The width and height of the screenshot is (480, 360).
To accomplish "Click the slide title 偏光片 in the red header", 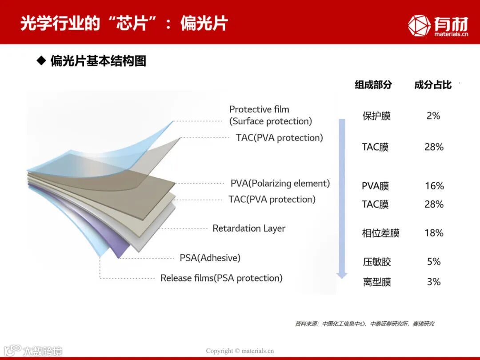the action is (204, 23).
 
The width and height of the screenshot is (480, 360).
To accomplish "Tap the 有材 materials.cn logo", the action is (438, 25).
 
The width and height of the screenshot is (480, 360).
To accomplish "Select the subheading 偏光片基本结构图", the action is (98, 61).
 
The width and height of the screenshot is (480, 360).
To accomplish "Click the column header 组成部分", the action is (373, 84).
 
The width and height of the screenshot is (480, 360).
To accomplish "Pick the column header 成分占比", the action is (432, 84).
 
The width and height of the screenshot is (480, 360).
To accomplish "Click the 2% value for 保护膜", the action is (433, 116).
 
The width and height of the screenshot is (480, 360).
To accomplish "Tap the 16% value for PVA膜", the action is (434, 186).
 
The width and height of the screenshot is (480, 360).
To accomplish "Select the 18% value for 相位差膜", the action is (434, 232).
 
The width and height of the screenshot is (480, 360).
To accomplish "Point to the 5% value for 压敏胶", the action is (434, 261).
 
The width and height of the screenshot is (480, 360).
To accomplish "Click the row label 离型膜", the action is (377, 282).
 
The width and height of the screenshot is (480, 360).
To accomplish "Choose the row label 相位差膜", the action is (380, 233).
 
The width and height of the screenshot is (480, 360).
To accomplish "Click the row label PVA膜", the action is (375, 186).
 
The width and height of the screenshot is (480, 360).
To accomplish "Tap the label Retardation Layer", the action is (249, 228).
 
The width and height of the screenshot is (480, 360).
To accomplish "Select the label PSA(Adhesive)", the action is (210, 258).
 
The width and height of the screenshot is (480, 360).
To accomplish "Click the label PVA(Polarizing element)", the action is (280, 183).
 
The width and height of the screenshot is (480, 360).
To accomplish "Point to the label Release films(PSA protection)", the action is (221, 278).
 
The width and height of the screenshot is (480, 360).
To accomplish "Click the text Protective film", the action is (259, 109).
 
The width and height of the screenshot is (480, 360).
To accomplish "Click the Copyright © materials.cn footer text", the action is (240, 351).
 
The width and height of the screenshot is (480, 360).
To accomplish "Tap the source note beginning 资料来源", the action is (364, 324).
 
